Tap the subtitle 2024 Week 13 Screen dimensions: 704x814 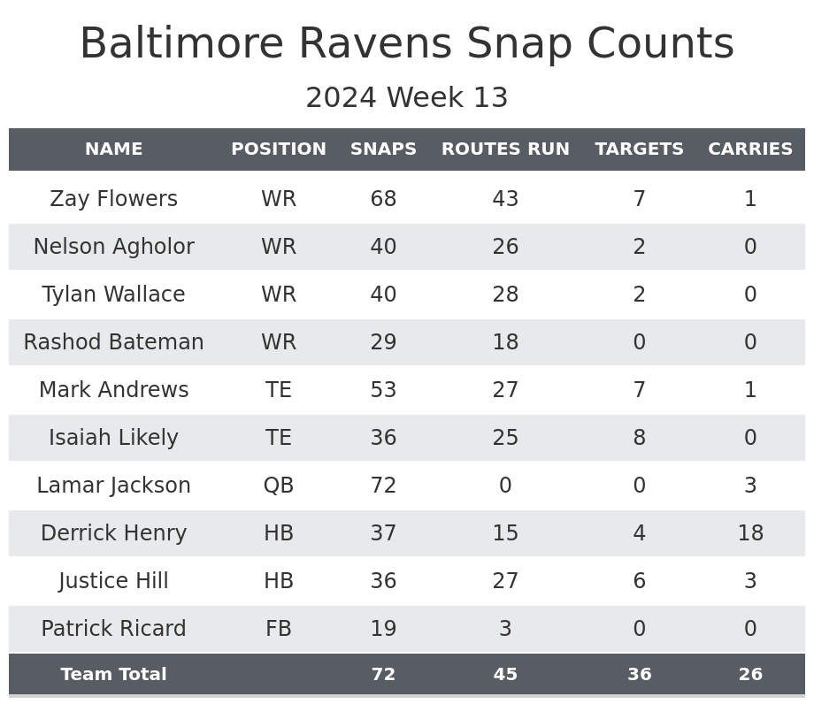tap(407, 98)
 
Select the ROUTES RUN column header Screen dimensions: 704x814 tap(505, 149)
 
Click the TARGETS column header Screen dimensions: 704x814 tap(639, 149)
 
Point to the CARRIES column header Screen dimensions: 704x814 tap(750, 149)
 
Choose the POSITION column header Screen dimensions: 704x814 tap(279, 149)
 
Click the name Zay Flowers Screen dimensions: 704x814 tap(114, 199)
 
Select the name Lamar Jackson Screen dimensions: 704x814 tap(114, 486)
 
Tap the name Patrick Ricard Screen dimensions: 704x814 tap(114, 629)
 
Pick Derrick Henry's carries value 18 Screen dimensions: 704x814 tap(750, 533)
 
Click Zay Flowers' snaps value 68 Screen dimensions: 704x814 tap(383, 199)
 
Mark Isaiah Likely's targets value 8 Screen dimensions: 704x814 tap(639, 438)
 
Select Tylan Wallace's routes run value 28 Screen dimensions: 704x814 tap(505, 295)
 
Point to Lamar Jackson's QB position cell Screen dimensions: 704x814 tap(279, 486)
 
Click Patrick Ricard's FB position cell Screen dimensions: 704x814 tap(279, 629)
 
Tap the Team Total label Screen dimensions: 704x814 tap(114, 675)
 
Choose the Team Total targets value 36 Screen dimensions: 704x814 tap(639, 675)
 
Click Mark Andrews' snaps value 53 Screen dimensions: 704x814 tap(383, 390)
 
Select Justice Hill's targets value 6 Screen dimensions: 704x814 tap(639, 581)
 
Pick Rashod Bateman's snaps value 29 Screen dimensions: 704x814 tap(383, 342)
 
